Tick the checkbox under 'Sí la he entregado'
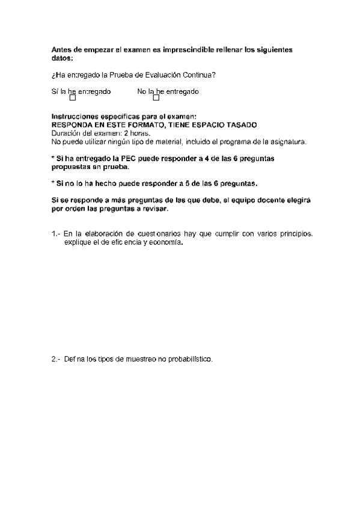click(x=73, y=98)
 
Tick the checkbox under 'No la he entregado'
click(x=156, y=98)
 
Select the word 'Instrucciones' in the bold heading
click(x=73, y=117)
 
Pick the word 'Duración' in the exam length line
click(x=65, y=133)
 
